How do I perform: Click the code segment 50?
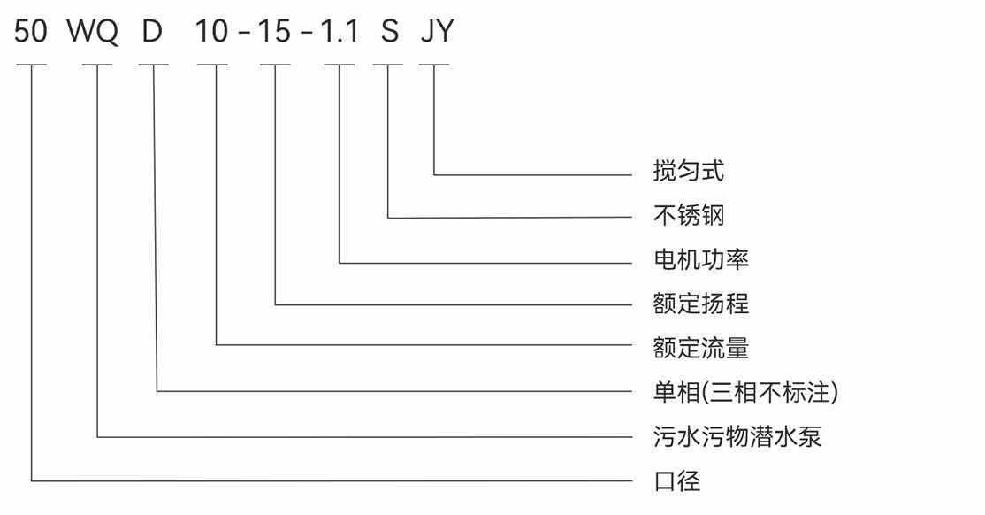31,33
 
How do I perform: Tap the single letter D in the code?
153,33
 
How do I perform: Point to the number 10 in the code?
212,33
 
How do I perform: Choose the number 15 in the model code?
274,33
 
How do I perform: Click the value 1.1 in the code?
340,33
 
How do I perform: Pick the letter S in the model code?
389,33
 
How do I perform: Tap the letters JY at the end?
436,33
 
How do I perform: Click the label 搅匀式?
689,171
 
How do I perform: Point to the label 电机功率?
701,260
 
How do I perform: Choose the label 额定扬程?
701,304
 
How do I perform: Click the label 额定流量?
701,348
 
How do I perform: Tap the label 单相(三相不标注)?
745,392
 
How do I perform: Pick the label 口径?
676,481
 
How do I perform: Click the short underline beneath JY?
434,65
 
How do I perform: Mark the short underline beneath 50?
31,65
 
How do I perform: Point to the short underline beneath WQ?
97,65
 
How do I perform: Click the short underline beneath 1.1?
340,65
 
